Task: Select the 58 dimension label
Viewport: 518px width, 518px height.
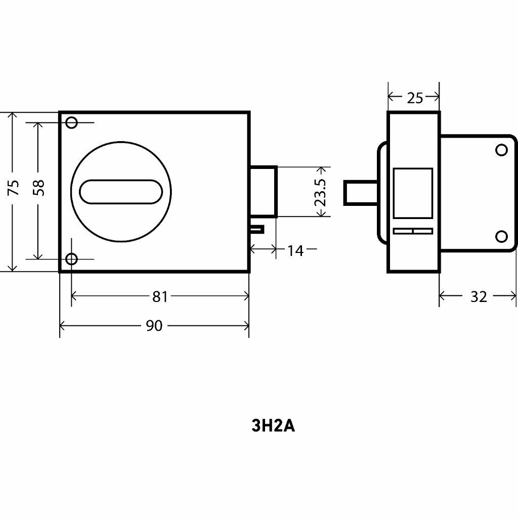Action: [39, 188]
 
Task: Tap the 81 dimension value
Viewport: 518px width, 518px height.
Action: [160, 296]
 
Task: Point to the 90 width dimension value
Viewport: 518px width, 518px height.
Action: [154, 326]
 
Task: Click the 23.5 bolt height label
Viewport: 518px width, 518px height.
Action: [320, 192]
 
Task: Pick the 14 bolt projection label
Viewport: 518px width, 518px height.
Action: [295, 251]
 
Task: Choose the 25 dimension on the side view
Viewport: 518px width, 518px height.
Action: [415, 98]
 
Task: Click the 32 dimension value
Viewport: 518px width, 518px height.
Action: [479, 296]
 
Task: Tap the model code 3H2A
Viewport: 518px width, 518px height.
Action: [273, 426]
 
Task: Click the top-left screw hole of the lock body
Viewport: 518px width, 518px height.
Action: [72, 122]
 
